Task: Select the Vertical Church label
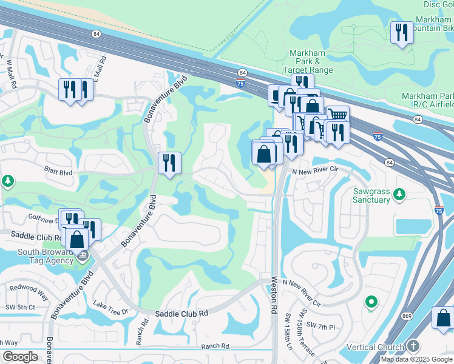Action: coord(375,348)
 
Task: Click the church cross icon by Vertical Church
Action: coord(413,346)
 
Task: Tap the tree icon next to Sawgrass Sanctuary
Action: coord(399,194)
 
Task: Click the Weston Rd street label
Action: coord(274,295)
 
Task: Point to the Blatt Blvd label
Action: coord(58,172)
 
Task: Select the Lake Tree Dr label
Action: coord(110,311)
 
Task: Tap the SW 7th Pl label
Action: coord(320,327)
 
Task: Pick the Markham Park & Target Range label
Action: coord(307,61)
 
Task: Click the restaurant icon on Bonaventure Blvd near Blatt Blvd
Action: coord(169,163)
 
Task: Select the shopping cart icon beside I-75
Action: coord(338,114)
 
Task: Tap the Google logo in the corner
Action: coord(20,356)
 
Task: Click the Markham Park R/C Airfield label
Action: coord(428,100)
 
